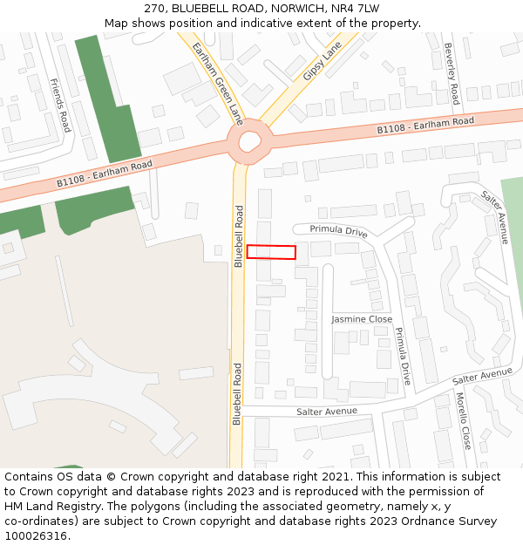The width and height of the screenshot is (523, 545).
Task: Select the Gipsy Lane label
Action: point(322,63)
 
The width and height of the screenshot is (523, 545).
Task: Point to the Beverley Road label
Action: point(451,73)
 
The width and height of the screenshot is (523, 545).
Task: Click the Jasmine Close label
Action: point(362,320)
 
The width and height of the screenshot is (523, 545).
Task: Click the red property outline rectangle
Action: point(271,252)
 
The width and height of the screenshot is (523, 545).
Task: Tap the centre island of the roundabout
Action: point(250,140)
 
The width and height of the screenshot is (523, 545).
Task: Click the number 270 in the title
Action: point(168,9)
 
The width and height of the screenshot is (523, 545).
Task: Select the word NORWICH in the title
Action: point(300,9)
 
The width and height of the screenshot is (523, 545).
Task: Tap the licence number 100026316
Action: point(36,536)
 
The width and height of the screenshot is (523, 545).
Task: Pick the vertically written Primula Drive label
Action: point(401,356)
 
